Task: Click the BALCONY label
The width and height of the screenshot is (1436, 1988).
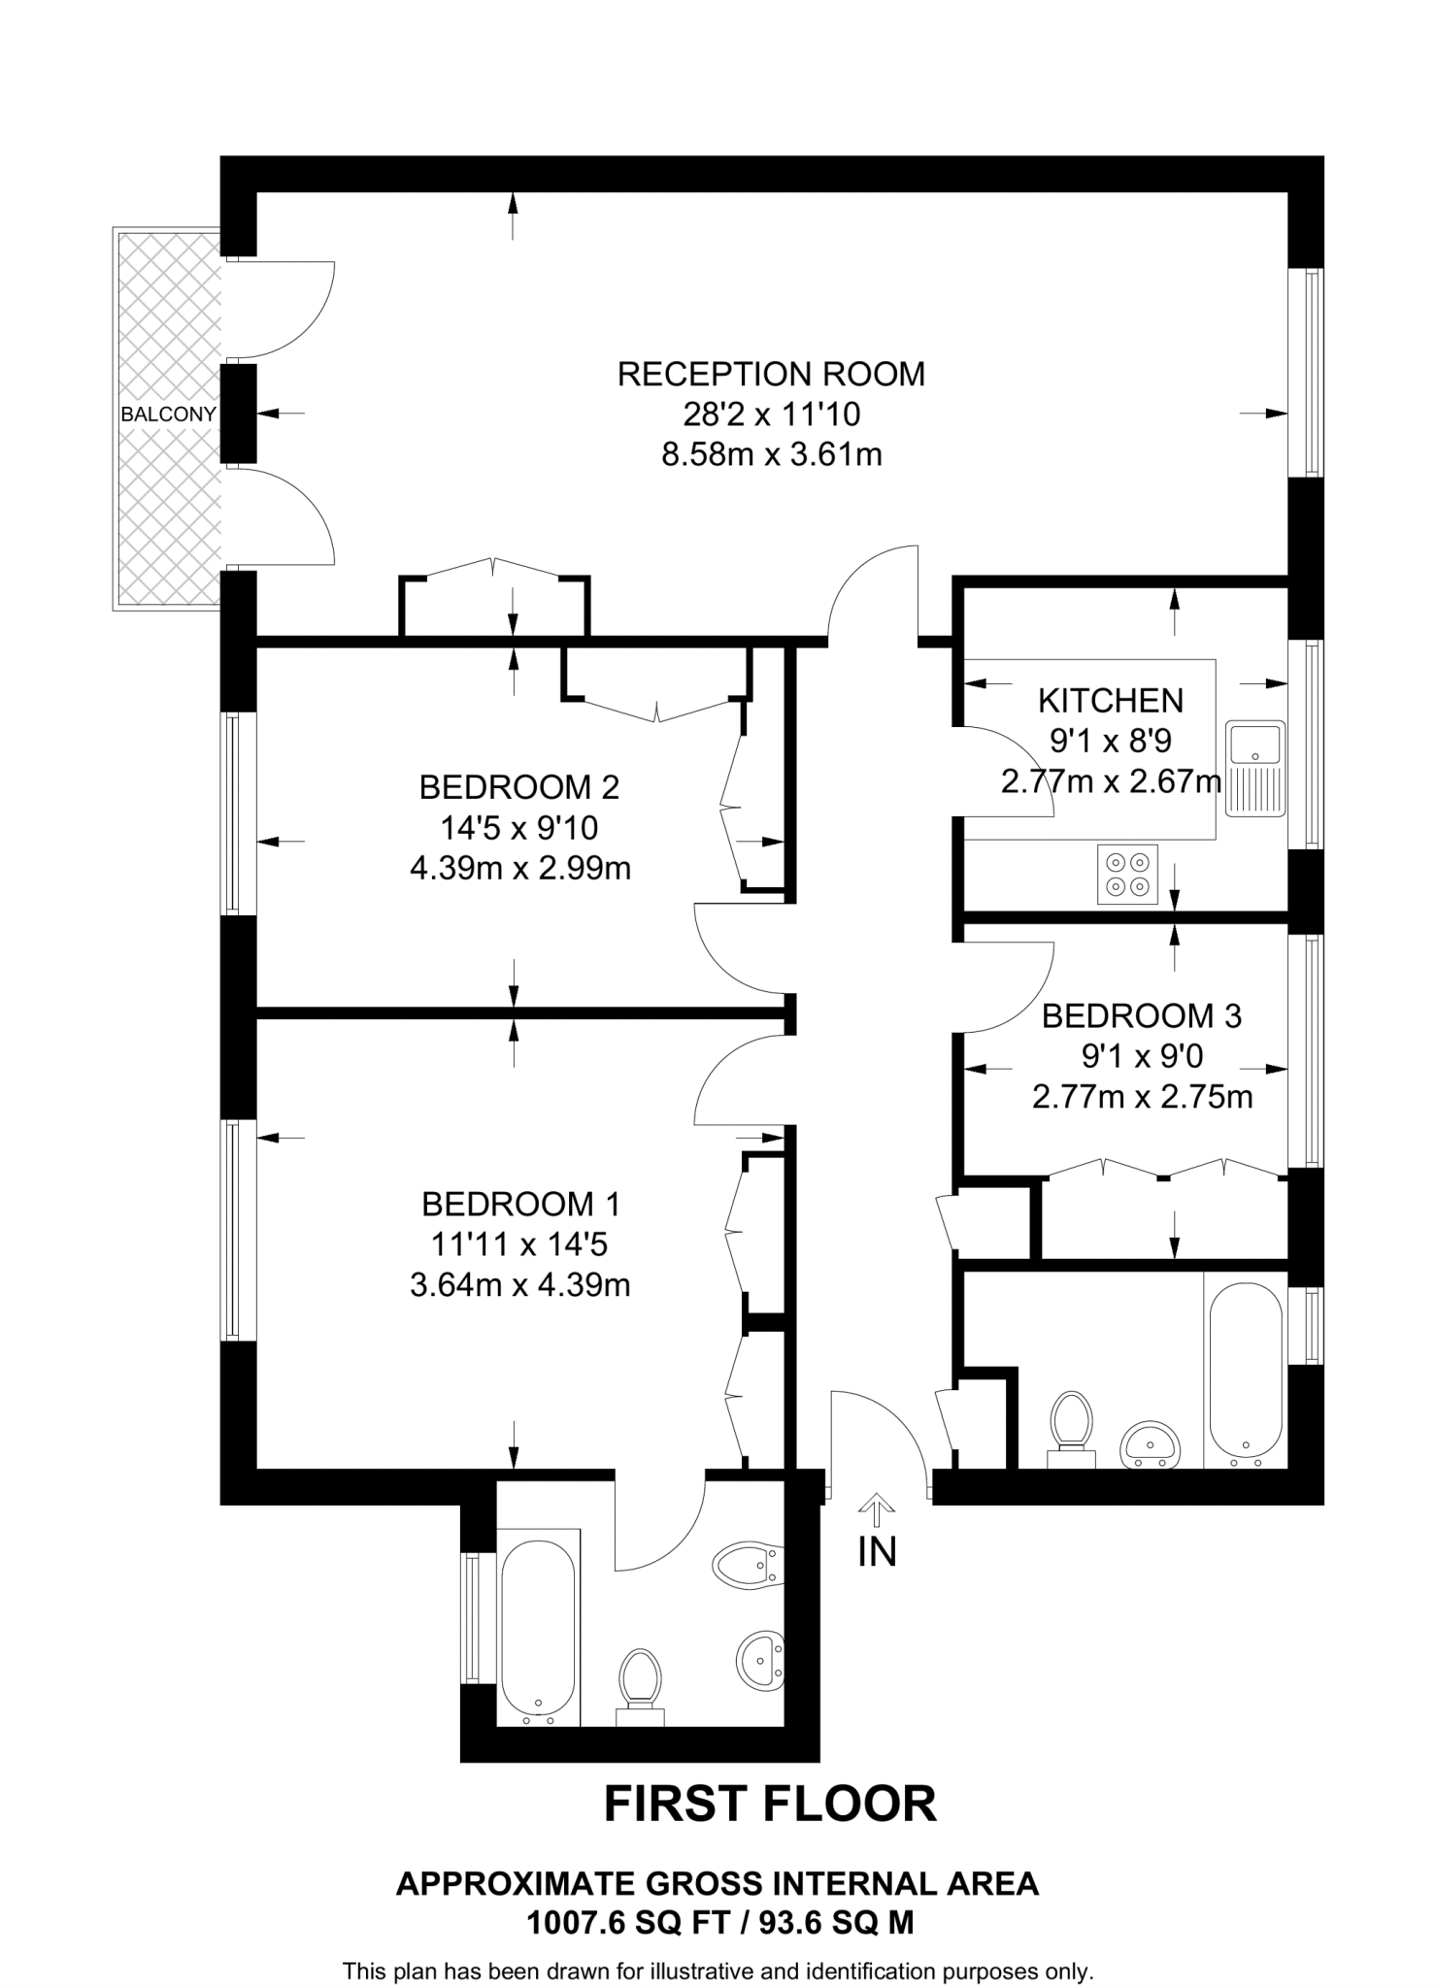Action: (168, 414)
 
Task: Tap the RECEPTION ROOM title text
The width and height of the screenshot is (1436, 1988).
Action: (771, 374)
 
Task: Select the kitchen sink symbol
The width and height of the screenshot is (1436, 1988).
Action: (1254, 768)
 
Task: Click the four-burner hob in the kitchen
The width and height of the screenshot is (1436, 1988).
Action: (1127, 875)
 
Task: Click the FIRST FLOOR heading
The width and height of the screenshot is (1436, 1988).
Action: (770, 1805)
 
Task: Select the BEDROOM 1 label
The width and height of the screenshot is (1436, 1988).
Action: (520, 1204)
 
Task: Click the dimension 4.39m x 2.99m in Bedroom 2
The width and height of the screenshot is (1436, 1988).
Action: (520, 868)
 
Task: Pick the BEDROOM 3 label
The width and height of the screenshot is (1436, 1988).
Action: (1141, 1016)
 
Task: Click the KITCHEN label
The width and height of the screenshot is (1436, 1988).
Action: (1111, 700)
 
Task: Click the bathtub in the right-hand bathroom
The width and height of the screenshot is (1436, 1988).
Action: (1245, 1375)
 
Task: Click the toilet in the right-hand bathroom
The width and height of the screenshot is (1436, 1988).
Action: (1072, 1426)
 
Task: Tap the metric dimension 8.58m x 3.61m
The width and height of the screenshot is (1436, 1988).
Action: (771, 454)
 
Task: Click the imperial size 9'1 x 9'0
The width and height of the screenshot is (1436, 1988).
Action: (1142, 1056)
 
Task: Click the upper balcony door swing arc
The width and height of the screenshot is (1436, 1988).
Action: (291, 311)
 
